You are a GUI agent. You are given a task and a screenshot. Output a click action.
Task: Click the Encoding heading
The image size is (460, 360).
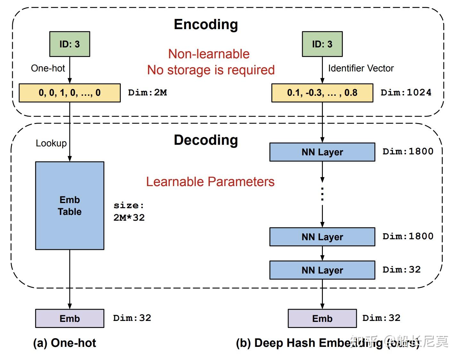(206, 25)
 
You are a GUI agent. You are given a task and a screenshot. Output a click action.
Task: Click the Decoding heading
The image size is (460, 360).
(206, 140)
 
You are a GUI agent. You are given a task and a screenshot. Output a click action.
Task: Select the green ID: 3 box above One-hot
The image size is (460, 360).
(70, 44)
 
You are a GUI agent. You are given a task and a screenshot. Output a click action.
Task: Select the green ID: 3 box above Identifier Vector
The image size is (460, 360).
(322, 44)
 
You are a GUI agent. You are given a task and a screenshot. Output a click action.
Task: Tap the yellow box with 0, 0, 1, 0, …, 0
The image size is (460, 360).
(70, 93)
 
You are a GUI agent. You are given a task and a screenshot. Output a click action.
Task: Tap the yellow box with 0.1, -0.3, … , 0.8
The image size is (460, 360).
(322, 93)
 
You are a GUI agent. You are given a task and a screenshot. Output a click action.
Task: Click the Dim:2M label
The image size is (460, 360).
(147, 93)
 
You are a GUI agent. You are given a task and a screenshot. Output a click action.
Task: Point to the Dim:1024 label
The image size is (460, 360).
(406, 93)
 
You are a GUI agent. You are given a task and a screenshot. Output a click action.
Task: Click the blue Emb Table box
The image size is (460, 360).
(70, 206)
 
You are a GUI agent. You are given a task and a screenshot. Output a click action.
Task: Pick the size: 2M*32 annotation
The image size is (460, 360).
(129, 212)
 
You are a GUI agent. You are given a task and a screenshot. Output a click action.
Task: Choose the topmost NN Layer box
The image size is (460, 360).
(322, 152)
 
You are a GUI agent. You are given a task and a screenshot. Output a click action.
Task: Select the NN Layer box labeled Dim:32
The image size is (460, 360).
(322, 270)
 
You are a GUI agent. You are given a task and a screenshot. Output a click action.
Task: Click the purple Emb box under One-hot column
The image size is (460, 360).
(70, 318)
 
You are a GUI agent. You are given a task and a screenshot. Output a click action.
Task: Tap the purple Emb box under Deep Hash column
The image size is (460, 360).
(322, 318)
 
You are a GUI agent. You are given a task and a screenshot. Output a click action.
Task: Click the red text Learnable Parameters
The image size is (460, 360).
(210, 182)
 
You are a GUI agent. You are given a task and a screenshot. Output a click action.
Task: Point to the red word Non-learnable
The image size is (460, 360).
(209, 54)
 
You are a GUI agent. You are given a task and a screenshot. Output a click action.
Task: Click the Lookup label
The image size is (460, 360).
(51, 143)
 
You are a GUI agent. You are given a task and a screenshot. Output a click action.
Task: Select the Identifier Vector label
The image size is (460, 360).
(361, 68)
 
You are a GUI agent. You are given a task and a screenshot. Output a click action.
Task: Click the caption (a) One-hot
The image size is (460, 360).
(64, 343)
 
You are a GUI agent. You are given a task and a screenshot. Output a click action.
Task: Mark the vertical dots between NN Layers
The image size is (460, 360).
(322, 194)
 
